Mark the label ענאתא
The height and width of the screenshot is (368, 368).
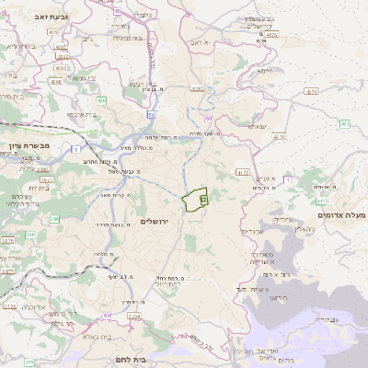(257, 126)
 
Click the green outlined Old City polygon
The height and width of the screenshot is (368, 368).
(196, 201)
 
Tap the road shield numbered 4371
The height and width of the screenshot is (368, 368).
(312, 92)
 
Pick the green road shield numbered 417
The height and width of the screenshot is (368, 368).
(321, 201)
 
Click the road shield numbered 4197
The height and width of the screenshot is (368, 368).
(196, 88)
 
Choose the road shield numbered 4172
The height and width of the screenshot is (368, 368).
(242, 171)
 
